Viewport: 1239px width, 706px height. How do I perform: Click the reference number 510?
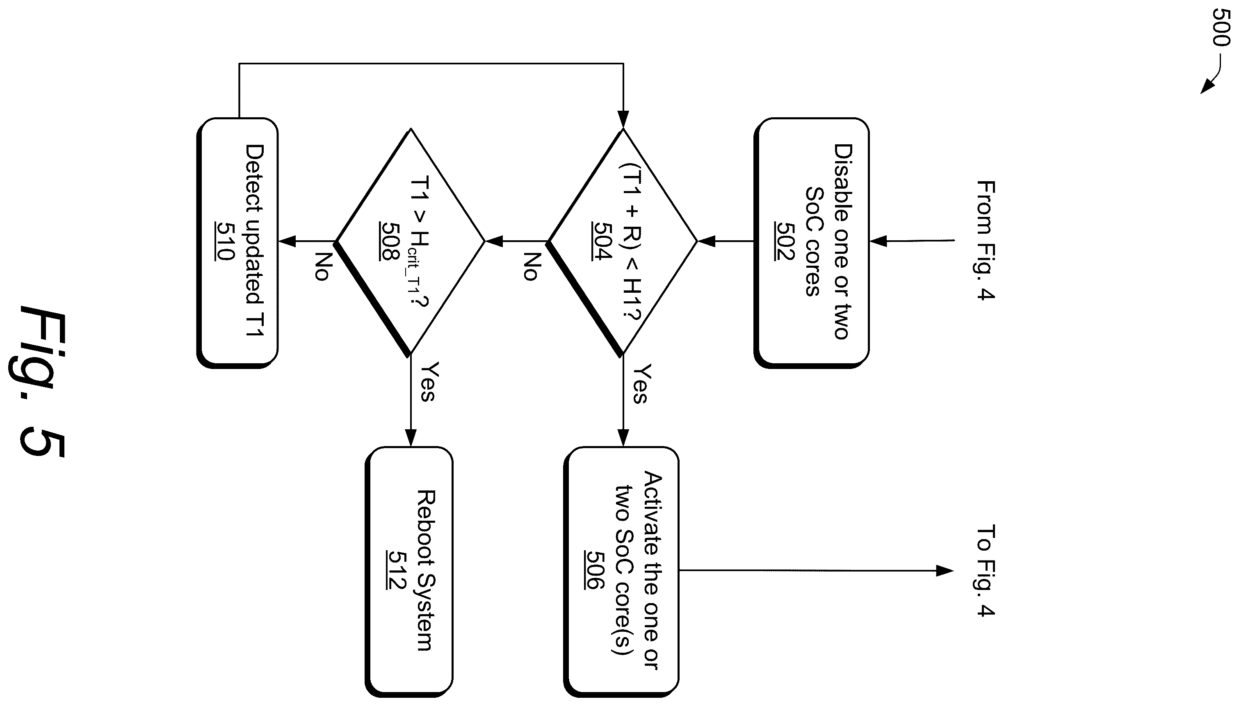click(224, 241)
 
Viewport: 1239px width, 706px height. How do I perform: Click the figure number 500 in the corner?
click(1221, 27)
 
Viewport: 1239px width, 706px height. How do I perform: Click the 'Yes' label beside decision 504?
click(641, 384)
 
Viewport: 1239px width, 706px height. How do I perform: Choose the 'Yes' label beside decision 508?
click(429, 382)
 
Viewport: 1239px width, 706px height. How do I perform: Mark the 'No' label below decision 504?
click(532, 266)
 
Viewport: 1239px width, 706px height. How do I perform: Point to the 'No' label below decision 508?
click(322, 266)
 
